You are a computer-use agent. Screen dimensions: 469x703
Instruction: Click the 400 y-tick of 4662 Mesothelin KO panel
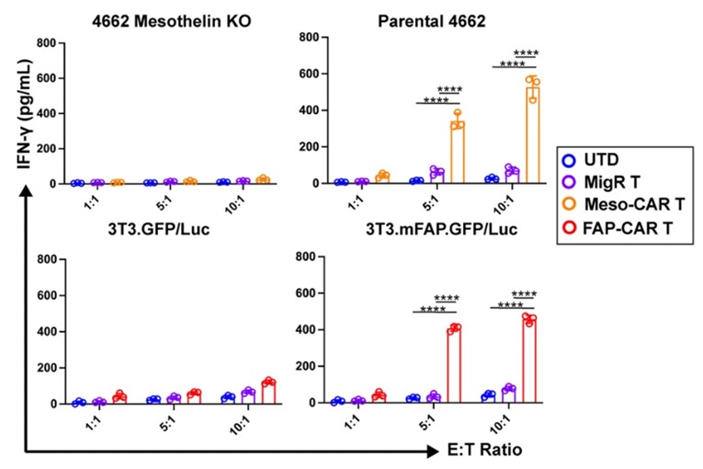(x=35, y=110)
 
